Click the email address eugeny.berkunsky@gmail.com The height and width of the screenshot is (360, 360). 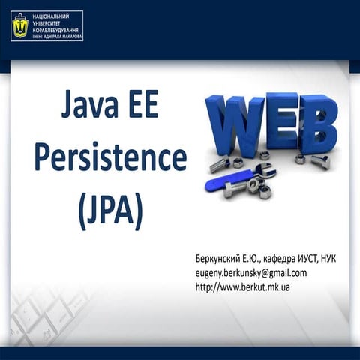click(250, 272)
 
